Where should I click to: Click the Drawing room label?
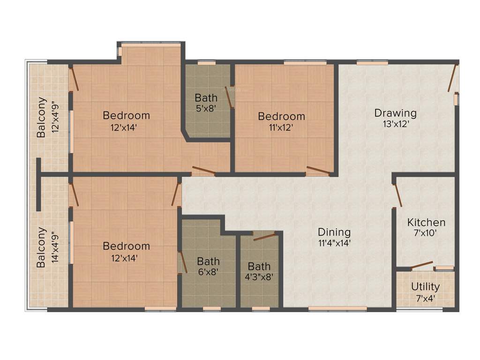(x=395, y=113)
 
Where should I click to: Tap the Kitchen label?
(x=426, y=222)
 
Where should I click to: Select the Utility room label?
(x=425, y=286)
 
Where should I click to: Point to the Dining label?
(x=334, y=232)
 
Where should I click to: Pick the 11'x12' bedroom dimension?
(x=281, y=127)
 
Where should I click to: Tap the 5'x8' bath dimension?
(x=206, y=109)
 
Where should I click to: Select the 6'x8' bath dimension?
(x=208, y=272)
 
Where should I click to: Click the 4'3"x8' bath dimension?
(x=259, y=277)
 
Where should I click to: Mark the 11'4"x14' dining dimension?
(x=334, y=243)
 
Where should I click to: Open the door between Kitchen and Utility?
(x=422, y=266)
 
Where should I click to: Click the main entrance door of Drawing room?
(x=452, y=79)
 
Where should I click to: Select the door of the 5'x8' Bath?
(x=229, y=97)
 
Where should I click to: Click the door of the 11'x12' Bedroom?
(x=318, y=170)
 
